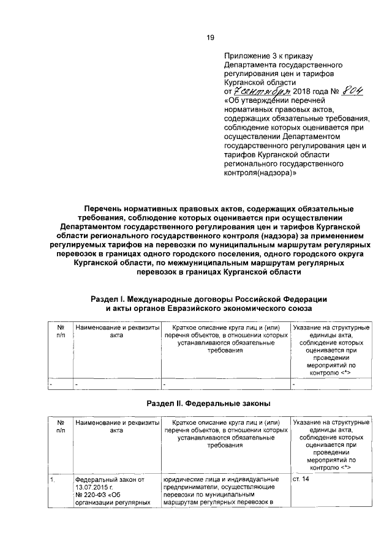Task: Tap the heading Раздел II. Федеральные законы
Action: (209, 404)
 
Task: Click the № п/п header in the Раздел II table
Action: (61, 427)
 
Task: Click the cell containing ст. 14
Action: (302, 480)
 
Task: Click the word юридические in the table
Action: (186, 480)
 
